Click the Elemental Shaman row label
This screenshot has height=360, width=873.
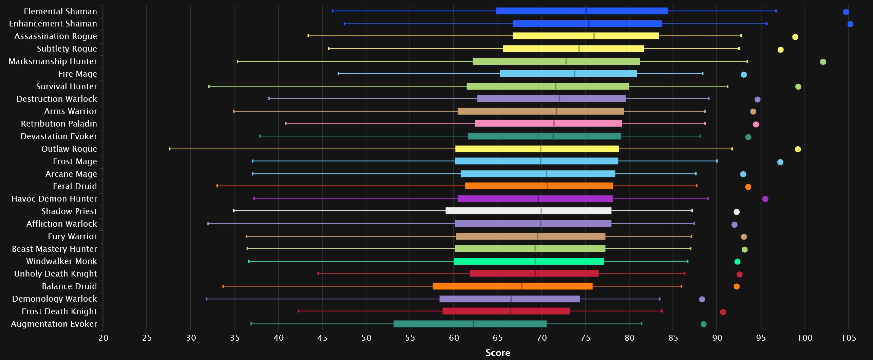tap(60, 11)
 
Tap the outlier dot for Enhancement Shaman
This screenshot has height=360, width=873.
tap(850, 24)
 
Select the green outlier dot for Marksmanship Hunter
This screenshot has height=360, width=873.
tap(823, 62)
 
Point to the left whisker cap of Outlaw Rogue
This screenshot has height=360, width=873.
tap(170, 149)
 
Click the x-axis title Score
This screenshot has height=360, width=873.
tap(498, 353)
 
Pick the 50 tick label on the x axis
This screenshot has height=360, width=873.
tap(366, 338)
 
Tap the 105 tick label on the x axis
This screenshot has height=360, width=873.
tap(849, 338)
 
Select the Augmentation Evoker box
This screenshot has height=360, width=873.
tap(470, 324)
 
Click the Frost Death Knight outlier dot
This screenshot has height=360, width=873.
tap(723, 312)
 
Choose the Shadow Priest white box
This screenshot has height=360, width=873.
tap(528, 211)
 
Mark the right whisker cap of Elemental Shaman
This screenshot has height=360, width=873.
tap(776, 11)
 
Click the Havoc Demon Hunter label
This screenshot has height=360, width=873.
tap(54, 198)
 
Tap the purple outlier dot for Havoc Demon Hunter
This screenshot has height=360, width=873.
tap(765, 199)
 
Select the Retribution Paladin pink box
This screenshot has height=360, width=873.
tap(548, 124)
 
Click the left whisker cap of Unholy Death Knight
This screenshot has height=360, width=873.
tap(318, 273)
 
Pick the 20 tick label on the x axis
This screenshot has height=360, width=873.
tap(103, 338)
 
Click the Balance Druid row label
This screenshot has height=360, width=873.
tap(69, 286)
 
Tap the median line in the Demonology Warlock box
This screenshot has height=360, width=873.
tap(511, 299)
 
